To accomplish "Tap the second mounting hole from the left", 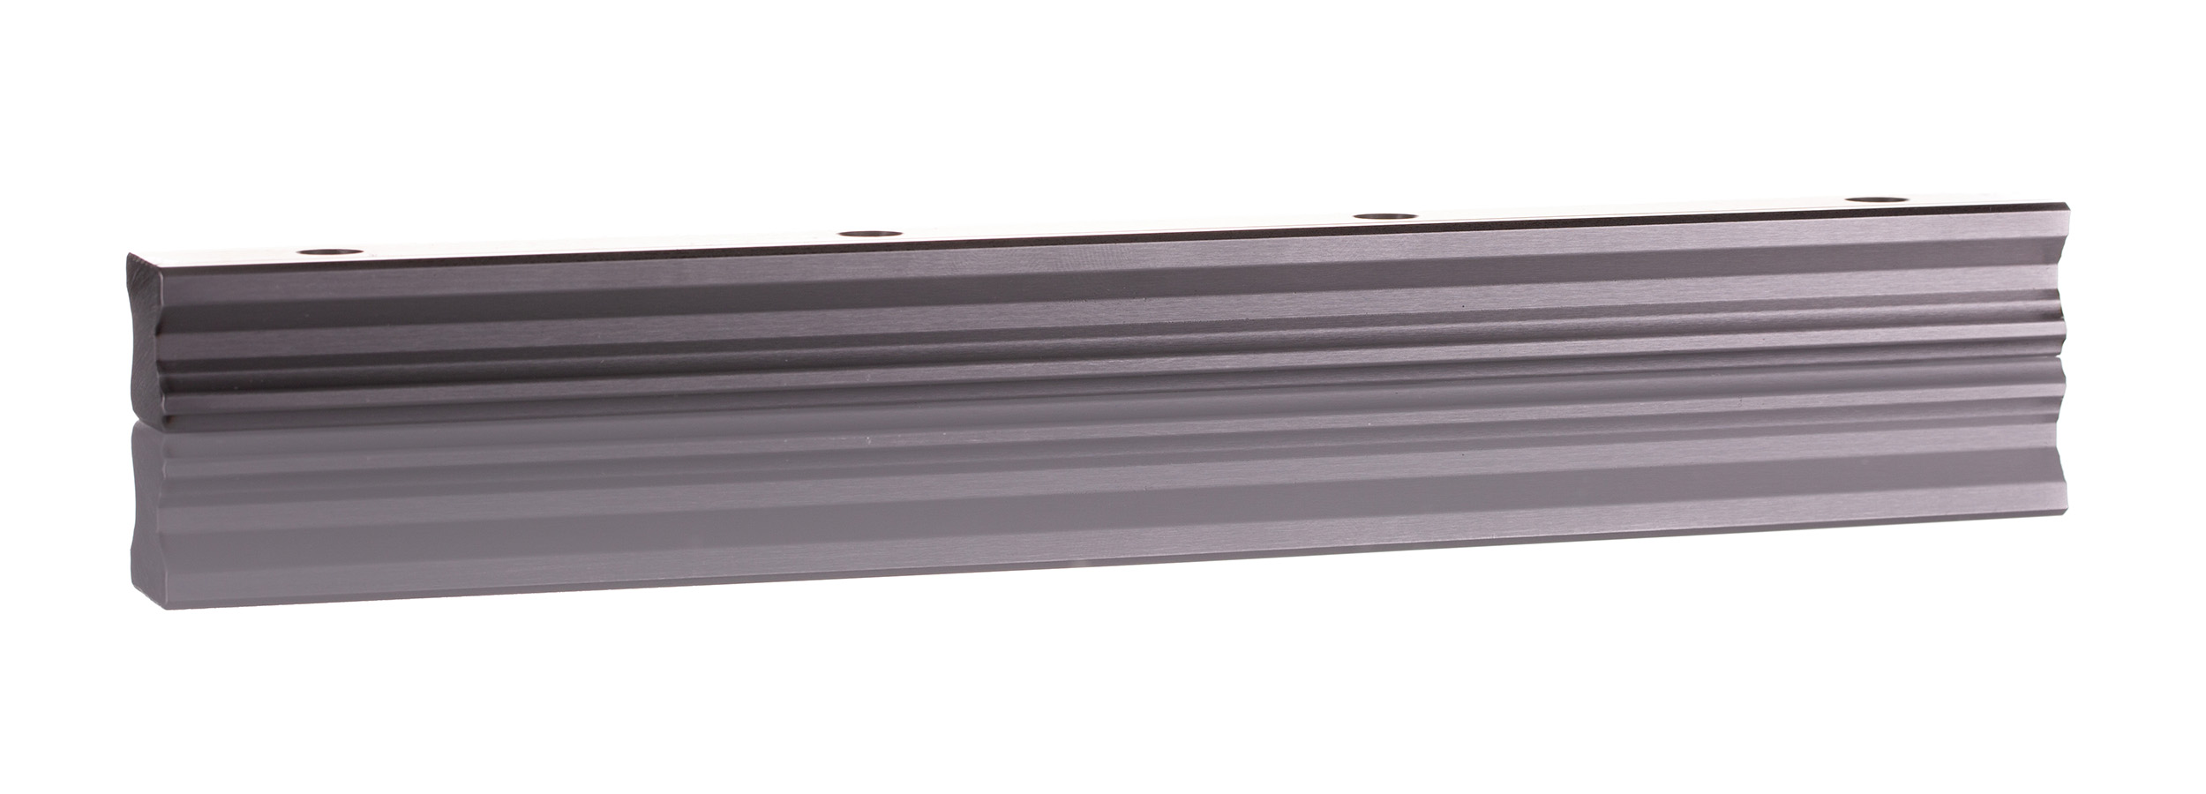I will point(865,234).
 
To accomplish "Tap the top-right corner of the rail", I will point(2065,204).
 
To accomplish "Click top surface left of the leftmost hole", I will point(221,256).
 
